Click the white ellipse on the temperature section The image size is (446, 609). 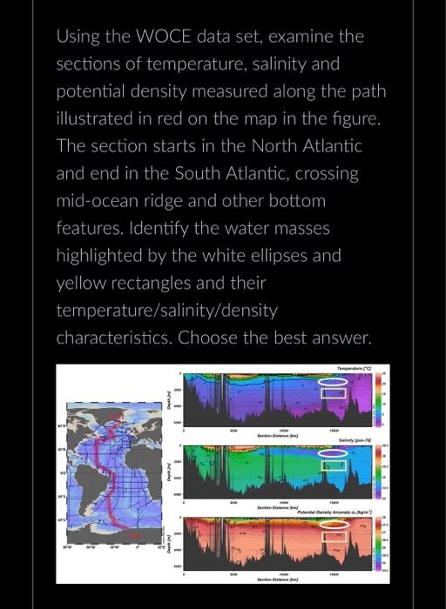(x=333, y=382)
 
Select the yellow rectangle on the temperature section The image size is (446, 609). (x=333, y=393)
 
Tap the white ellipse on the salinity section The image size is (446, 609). (x=333, y=453)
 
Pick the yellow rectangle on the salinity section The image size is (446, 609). (x=333, y=465)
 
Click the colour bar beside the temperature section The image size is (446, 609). (x=379, y=399)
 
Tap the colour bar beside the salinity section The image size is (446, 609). (x=379, y=471)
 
